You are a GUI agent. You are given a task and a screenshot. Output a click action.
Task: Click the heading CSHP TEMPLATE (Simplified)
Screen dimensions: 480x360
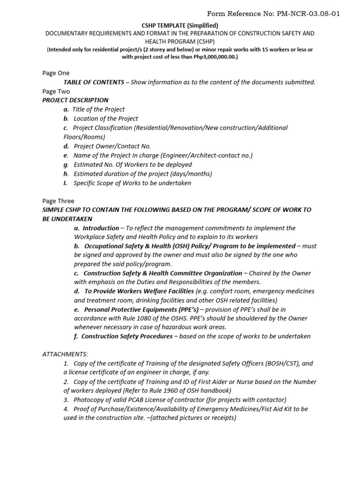click(180, 25)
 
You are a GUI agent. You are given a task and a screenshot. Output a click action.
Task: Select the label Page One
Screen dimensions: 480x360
click(56, 73)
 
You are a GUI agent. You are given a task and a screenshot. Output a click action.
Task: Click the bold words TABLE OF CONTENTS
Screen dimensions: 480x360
click(93, 82)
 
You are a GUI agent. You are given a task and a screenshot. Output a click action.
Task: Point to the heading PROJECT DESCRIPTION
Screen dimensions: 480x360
click(75, 100)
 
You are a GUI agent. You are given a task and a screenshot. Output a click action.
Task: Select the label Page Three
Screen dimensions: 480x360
click(58, 201)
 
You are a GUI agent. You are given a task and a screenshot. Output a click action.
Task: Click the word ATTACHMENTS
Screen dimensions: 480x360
click(65, 354)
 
